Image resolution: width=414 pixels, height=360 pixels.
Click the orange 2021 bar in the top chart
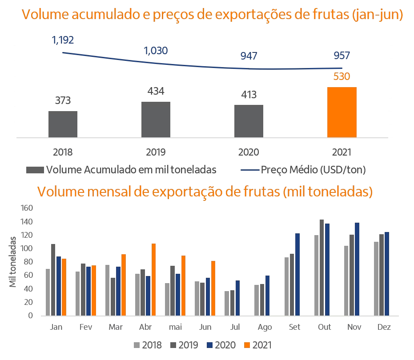click(x=342, y=112)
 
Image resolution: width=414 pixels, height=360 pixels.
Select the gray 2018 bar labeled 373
click(x=63, y=124)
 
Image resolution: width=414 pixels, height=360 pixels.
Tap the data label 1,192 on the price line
click(x=63, y=40)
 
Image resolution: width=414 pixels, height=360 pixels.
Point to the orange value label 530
click(x=342, y=76)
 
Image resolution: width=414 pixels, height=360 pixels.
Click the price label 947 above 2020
click(x=249, y=56)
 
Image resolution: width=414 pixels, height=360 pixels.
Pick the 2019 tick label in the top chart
click(x=156, y=152)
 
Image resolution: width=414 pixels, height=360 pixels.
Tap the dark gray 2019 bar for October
click(x=322, y=268)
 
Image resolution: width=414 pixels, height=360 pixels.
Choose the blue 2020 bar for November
click(x=357, y=269)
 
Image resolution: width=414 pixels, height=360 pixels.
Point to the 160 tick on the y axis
click(x=27, y=208)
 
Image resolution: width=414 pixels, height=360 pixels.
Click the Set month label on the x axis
click(x=294, y=327)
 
